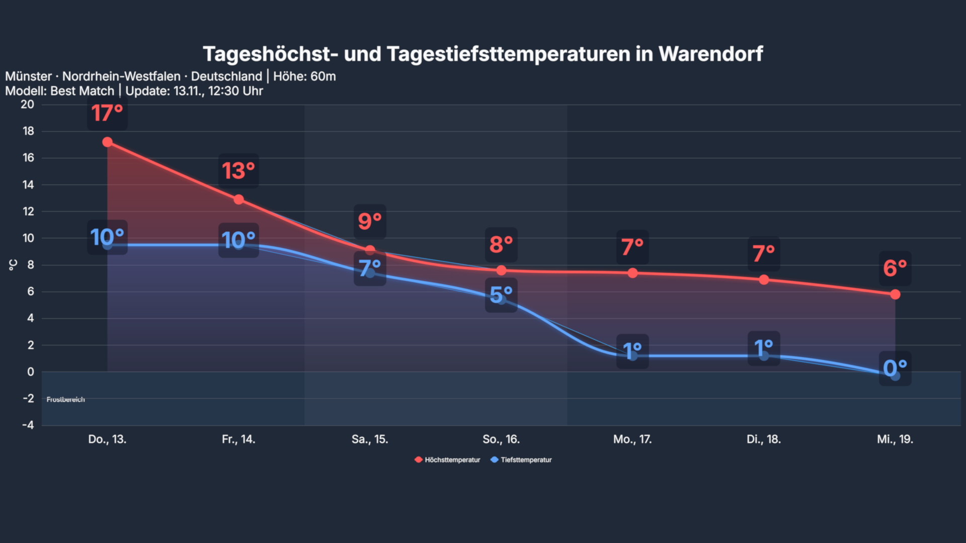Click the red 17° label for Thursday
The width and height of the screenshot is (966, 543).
[x=107, y=113]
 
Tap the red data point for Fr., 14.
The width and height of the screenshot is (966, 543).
[x=238, y=200]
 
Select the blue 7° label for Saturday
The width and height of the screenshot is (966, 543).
[x=370, y=268]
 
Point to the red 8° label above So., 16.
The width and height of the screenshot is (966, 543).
[x=501, y=245]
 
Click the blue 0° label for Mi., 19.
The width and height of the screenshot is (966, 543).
[x=895, y=369]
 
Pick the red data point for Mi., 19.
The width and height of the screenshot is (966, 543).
[x=895, y=294]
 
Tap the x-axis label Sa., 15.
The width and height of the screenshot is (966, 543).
[x=370, y=439]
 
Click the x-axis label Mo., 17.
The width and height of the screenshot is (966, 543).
[x=632, y=439]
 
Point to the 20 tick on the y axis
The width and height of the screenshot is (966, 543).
[x=28, y=105]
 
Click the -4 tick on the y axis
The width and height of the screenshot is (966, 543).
[x=28, y=425]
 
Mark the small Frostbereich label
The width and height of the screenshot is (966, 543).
[x=66, y=399]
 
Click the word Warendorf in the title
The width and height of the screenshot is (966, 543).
[x=710, y=54]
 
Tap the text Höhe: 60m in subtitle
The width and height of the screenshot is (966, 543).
[x=304, y=76]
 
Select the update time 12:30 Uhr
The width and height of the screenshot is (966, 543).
[x=235, y=91]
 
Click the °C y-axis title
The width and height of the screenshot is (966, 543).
[x=13, y=265]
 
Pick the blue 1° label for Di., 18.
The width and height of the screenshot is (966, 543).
[x=764, y=348]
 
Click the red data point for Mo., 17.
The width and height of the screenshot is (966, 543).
[x=632, y=273]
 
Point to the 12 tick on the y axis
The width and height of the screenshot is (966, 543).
[x=28, y=211]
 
